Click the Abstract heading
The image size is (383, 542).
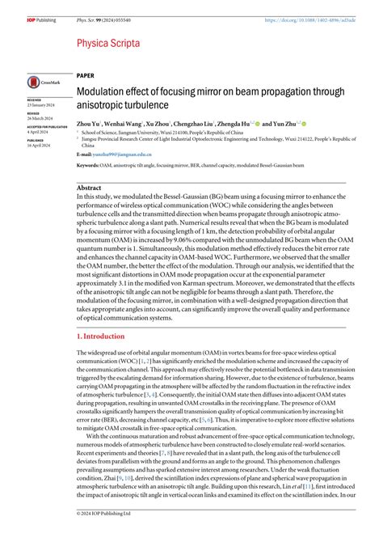[x=89, y=187]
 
